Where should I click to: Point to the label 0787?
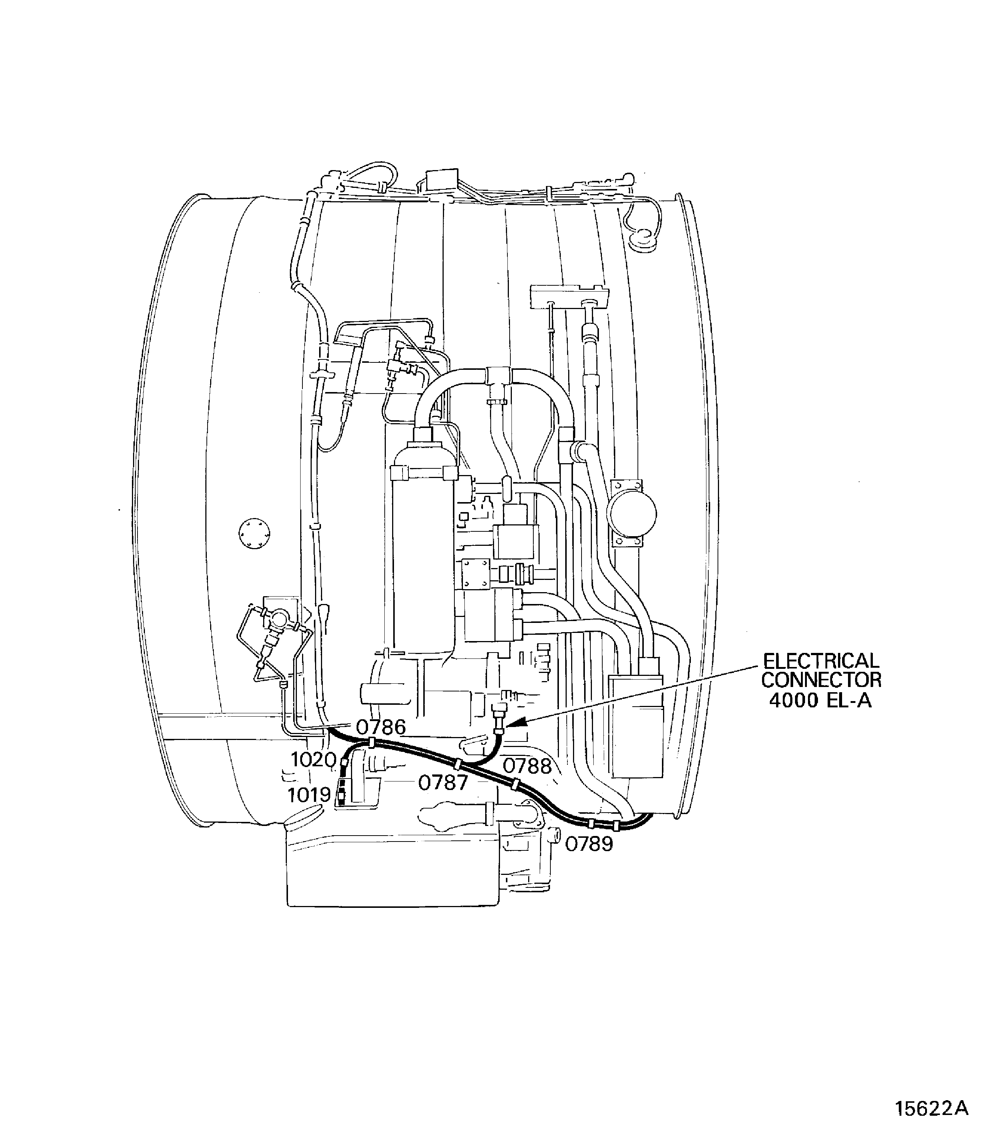443,783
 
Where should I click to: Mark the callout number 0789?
589,844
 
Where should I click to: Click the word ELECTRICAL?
821,661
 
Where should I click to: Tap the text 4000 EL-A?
820,700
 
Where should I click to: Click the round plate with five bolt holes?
255,534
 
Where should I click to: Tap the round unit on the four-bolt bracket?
631,513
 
